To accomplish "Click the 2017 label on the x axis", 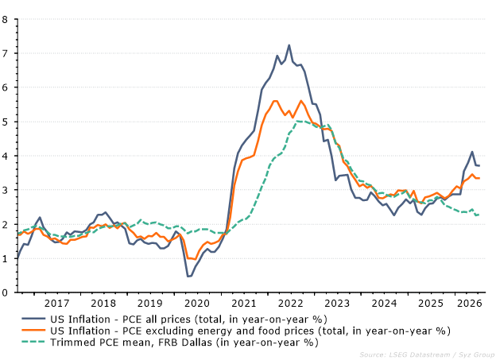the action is tap(56, 304).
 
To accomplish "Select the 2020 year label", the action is tap(197, 304).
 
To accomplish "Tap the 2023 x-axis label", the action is tap(337, 304).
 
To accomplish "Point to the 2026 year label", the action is tap(470, 304).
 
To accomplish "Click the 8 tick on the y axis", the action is tap(5, 19).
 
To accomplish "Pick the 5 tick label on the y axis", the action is tap(5, 122).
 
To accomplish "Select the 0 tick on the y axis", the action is tap(5, 292).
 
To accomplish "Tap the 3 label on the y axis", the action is tap(5, 190).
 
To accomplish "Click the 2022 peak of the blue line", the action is tap(289, 45).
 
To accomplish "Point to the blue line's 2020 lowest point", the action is tap(189, 277).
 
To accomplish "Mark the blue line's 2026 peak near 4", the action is tap(472, 152).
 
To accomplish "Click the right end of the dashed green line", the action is tap(479, 215).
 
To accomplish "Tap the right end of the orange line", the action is tap(479, 178).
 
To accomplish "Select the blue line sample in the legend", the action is tap(33, 319).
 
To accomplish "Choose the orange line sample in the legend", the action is tap(33, 331).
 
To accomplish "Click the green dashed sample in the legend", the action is tap(33, 342).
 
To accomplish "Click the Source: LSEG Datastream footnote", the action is tap(405, 355).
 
